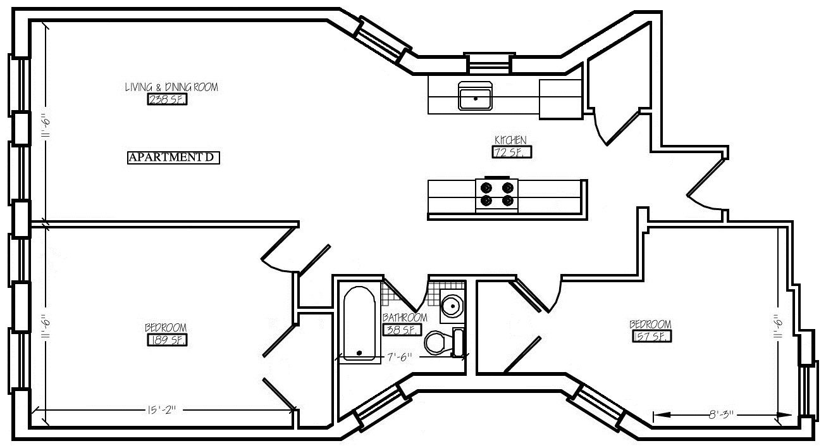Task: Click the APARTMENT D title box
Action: click(173, 158)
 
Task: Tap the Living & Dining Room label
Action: click(171, 87)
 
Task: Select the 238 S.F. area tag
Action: click(167, 99)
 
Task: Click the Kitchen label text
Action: click(510, 140)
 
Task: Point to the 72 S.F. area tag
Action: click(511, 152)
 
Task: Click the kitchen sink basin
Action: click(476, 98)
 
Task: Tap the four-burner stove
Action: click(496, 194)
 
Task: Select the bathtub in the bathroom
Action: click(359, 323)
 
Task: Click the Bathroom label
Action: click(405, 317)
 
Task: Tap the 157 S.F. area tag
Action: click(651, 337)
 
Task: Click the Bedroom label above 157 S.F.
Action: click(650, 325)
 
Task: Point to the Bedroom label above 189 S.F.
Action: click(166, 327)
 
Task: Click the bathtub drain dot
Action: click(359, 352)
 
